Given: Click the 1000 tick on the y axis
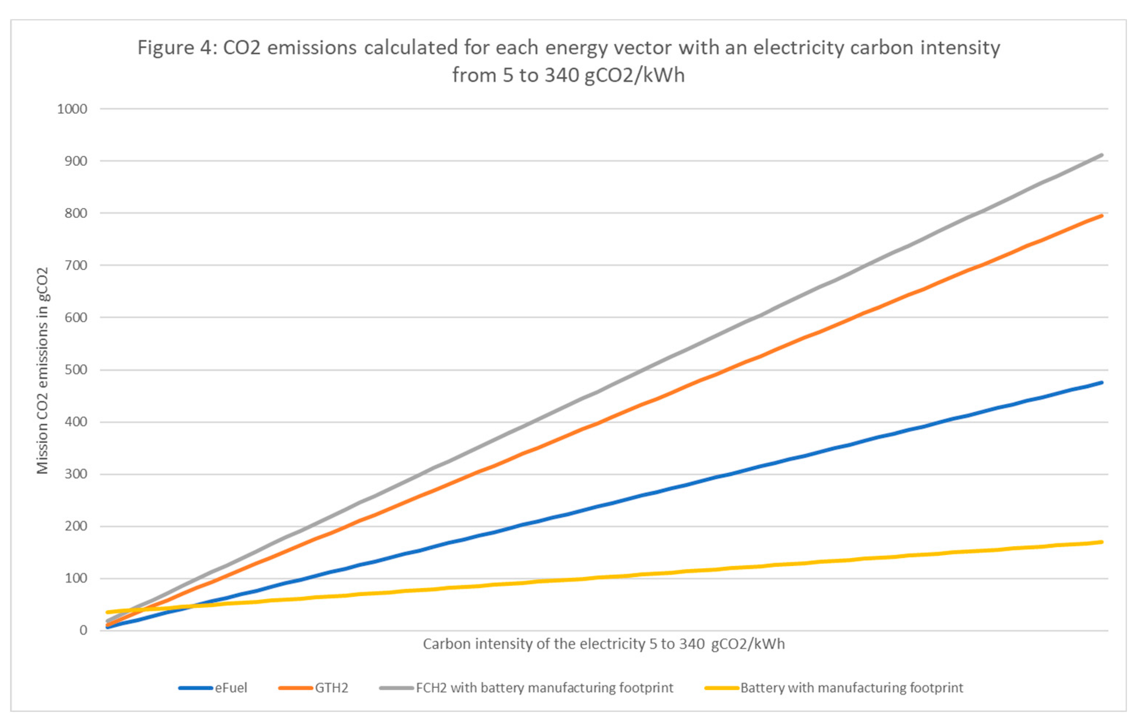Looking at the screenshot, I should pyautogui.click(x=72, y=109).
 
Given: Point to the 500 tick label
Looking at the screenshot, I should pyautogui.click(x=76, y=370).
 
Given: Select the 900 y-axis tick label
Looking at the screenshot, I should pyautogui.click(x=76, y=161).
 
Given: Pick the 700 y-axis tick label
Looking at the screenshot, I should pyautogui.click(x=76, y=265).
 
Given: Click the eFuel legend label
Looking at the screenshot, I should pyautogui.click(x=231, y=688).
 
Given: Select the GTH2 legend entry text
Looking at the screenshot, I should pyautogui.click(x=332, y=688).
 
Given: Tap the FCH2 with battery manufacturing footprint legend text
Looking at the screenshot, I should pyautogui.click(x=544, y=688).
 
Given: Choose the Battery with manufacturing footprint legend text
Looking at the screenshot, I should pyautogui.click(x=851, y=688).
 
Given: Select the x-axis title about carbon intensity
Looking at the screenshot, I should pyautogui.click(x=604, y=644).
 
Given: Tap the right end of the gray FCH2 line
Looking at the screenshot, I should pyautogui.click(x=1102, y=155).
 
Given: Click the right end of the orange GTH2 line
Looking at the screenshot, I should pyautogui.click(x=1102, y=216).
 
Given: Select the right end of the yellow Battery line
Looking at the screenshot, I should pyautogui.click(x=1102, y=542).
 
